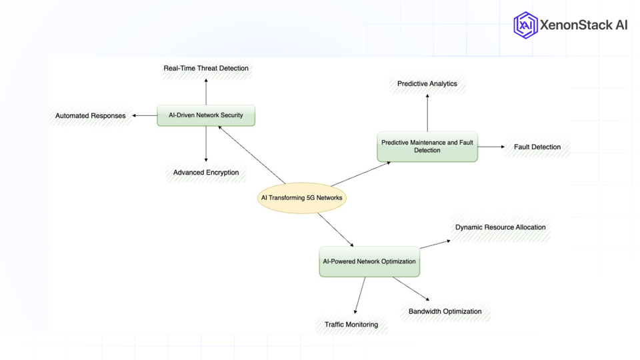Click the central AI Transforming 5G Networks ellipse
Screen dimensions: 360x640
[302, 198]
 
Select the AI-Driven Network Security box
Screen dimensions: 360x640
[206, 115]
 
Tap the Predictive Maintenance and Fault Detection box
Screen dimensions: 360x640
[427, 147]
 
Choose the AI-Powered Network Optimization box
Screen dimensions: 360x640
[369, 261]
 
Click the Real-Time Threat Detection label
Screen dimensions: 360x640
[206, 68]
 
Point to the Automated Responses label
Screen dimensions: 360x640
[91, 116]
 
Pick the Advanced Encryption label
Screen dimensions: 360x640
[206, 173]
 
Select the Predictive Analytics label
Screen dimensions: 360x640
[427, 84]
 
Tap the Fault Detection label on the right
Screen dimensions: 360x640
[537, 147]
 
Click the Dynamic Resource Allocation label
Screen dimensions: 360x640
[501, 227]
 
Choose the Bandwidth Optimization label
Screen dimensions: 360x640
[445, 311]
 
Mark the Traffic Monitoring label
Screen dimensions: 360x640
[351, 325]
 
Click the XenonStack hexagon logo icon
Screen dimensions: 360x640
[525, 25]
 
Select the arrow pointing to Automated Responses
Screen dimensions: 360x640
[145, 115]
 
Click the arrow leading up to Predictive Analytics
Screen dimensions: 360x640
[427, 112]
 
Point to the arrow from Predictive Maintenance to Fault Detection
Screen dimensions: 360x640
[491, 147]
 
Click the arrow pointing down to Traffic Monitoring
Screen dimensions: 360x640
[360, 295]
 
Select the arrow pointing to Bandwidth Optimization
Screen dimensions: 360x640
[411, 289]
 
